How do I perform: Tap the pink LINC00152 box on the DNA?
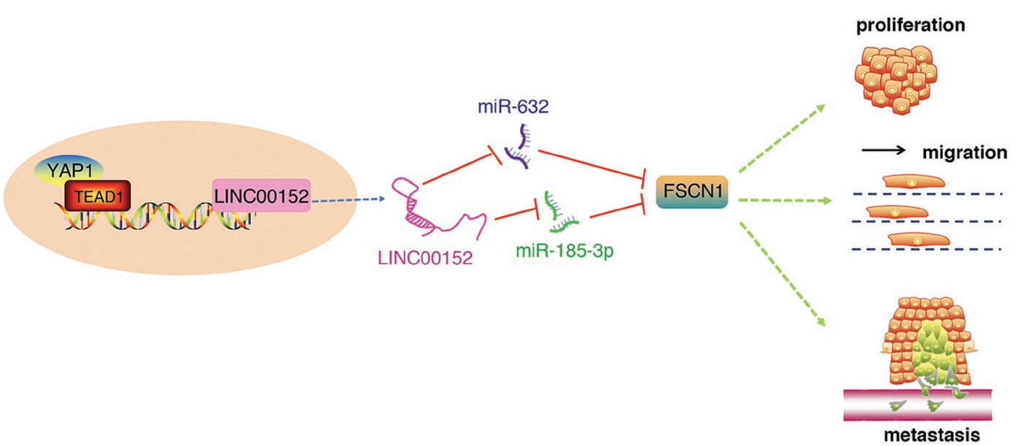(x=261, y=196)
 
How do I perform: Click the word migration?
(x=964, y=154)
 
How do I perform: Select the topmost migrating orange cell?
(x=913, y=180)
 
